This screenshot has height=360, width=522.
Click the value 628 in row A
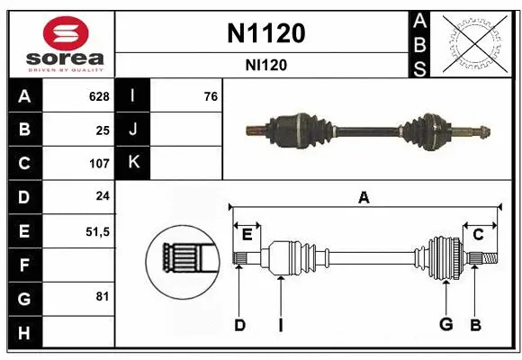[98, 96]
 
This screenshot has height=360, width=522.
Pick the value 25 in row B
[103, 130]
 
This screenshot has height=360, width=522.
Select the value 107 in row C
[98, 164]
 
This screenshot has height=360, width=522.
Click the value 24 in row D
[103, 197]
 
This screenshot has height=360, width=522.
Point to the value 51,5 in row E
[96, 231]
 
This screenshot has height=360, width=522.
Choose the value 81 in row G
[103, 295]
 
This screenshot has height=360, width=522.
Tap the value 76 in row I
[211, 96]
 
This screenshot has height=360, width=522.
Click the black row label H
[23, 333]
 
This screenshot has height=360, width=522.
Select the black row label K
[133, 163]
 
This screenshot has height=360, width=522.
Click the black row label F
[23, 265]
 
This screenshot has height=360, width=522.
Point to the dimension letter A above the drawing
[364, 198]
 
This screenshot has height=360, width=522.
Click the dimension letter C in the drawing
[479, 234]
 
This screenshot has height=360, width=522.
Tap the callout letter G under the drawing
[445, 325]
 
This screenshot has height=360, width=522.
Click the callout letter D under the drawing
[239, 325]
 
